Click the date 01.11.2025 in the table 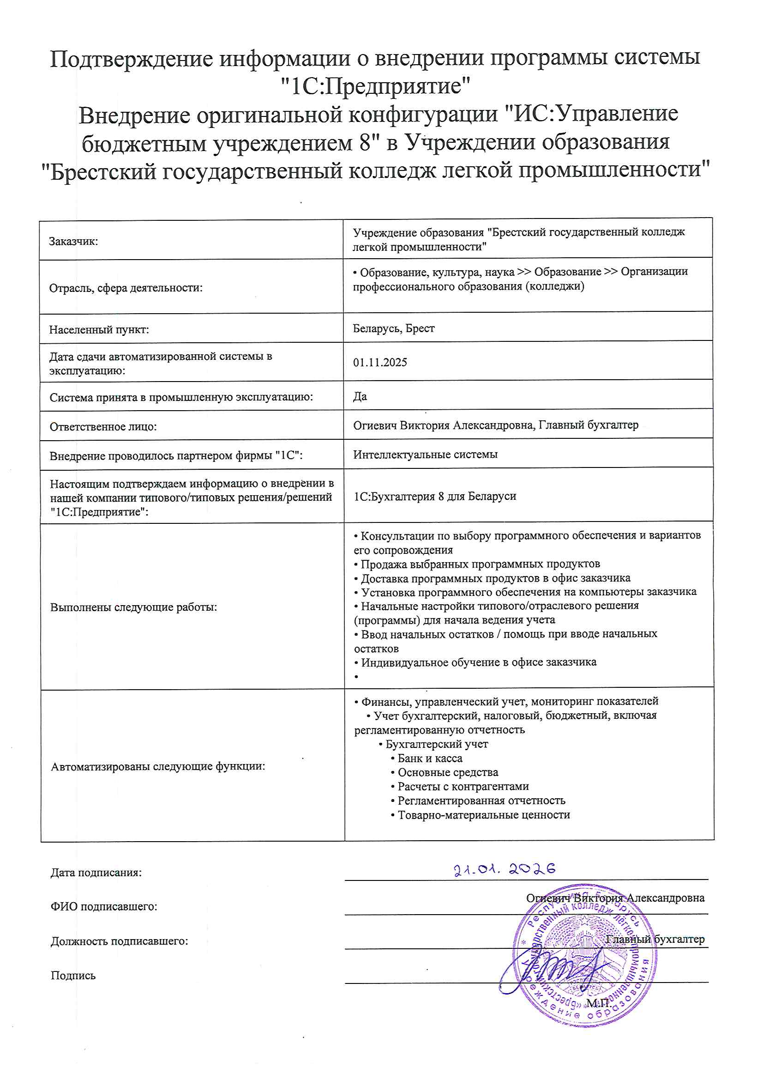(x=380, y=362)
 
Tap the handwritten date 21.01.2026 (x=505, y=869)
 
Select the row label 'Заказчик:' (x=73, y=241)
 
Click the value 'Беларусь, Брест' (x=393, y=328)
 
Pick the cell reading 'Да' (x=360, y=396)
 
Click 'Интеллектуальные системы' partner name (x=425, y=455)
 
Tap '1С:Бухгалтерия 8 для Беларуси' (x=435, y=496)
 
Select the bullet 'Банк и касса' (x=429, y=758)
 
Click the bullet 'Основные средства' (x=447, y=772)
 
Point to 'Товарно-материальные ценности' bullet (x=483, y=815)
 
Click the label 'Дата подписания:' (x=96, y=873)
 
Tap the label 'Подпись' (x=73, y=976)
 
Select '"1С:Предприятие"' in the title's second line (x=375, y=86)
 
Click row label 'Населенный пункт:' (x=99, y=330)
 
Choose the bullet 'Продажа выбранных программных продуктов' (x=480, y=564)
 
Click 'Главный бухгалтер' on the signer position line (x=655, y=940)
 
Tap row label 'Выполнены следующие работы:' (x=133, y=607)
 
